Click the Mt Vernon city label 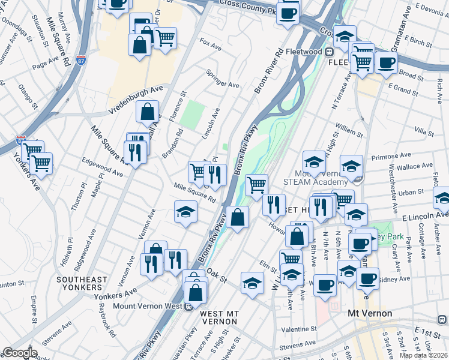click(370, 313)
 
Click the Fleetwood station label click(304, 52)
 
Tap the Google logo click(19, 353)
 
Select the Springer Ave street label click(223, 79)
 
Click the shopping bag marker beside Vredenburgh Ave click(148, 112)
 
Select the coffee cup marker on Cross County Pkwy click(288, 13)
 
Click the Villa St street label click(424, 131)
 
